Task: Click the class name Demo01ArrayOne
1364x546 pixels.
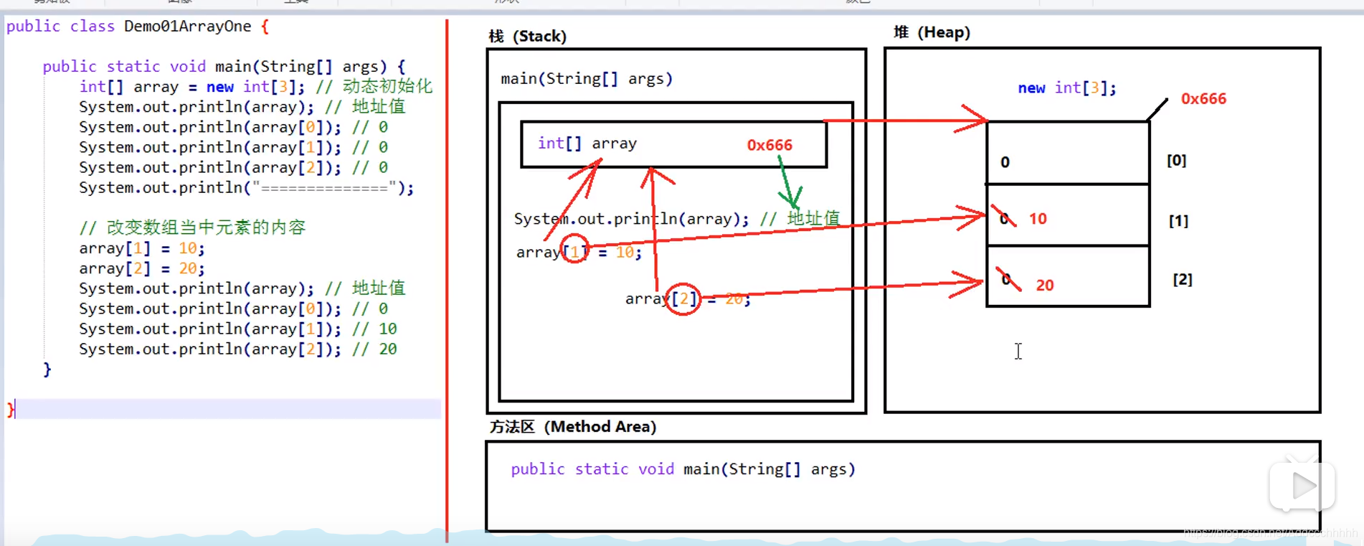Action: point(187,27)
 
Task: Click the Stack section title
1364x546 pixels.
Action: point(528,36)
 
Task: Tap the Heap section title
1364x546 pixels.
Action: point(932,32)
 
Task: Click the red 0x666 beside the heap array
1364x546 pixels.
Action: point(1203,98)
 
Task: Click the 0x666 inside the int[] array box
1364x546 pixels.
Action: point(769,145)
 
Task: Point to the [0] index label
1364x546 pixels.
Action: point(1176,160)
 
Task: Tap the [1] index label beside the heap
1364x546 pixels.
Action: point(1178,220)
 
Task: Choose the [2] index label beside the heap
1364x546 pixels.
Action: point(1182,279)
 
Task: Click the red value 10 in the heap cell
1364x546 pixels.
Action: point(1038,219)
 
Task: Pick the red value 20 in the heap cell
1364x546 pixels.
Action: point(1045,285)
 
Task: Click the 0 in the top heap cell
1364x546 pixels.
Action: point(1005,162)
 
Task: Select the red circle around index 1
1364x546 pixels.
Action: point(574,249)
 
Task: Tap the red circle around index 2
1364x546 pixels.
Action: point(683,298)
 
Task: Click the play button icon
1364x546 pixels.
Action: point(1302,486)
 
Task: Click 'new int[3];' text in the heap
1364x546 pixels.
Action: point(1066,88)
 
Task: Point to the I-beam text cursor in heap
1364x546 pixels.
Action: point(1018,351)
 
